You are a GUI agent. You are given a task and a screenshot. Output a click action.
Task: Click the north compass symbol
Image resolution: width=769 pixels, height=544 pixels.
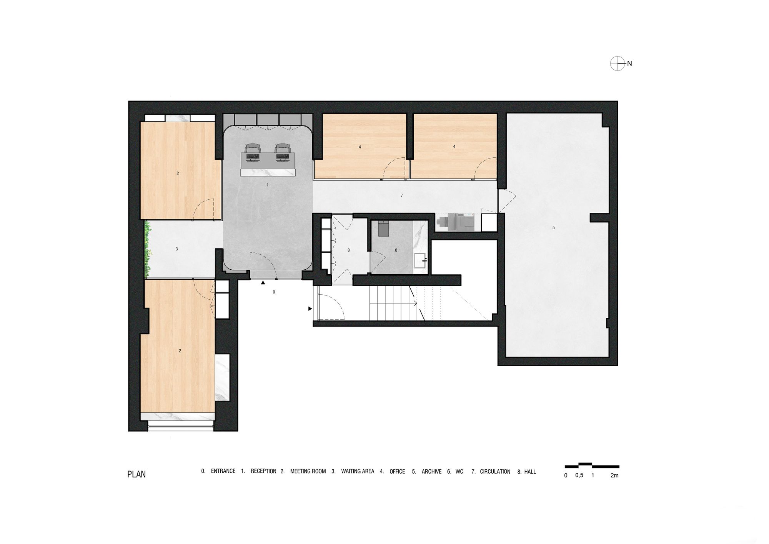[x=618, y=63]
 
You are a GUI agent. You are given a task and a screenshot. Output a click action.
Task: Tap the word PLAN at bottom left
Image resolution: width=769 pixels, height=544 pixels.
[x=136, y=474]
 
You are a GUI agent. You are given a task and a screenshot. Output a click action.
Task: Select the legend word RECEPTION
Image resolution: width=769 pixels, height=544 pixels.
[x=263, y=471]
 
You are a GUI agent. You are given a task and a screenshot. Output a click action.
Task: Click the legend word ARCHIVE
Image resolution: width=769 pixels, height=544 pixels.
[x=431, y=472]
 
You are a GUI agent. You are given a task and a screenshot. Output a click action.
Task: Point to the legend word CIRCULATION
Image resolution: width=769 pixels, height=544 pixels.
[x=495, y=472]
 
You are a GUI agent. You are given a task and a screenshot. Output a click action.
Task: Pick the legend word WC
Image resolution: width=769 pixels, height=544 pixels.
[x=459, y=472]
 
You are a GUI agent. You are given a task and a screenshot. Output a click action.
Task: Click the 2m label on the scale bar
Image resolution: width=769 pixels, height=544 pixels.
[x=614, y=476]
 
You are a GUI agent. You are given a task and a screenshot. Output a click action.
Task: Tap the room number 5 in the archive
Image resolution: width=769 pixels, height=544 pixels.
[x=554, y=228]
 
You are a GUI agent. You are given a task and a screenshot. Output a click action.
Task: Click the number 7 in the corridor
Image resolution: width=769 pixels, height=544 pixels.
[x=402, y=196]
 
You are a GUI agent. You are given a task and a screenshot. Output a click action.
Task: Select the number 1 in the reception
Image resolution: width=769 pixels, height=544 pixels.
[x=268, y=185]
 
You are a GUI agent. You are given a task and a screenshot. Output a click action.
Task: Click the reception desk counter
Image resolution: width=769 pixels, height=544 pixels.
[x=268, y=172]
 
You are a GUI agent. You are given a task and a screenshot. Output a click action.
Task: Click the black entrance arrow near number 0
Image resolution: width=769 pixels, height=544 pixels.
[x=263, y=283]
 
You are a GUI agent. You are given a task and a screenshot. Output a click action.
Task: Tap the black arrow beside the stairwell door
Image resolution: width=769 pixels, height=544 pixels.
[x=310, y=309]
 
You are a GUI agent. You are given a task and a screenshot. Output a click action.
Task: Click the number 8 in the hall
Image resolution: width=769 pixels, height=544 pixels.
[x=349, y=250]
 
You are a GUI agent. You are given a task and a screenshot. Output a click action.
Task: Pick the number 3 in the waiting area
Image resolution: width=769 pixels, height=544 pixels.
[x=177, y=249]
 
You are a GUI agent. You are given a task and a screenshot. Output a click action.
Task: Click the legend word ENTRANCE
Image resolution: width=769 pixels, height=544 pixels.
[x=223, y=471]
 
